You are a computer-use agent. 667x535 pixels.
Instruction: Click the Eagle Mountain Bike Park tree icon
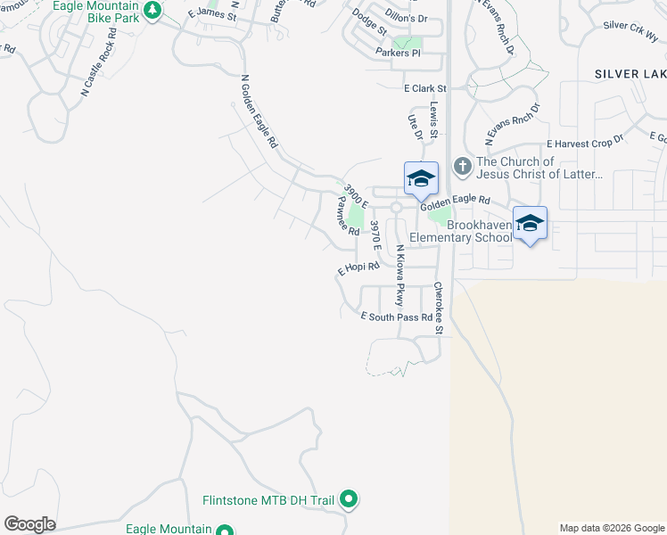point(152,10)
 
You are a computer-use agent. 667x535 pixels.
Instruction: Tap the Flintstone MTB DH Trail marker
point(350,500)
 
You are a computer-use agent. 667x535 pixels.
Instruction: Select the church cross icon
point(462,166)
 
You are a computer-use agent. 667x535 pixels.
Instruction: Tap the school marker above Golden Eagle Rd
point(421,178)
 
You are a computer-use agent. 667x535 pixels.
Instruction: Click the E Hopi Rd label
point(358,267)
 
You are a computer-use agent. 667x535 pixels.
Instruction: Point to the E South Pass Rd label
point(397,317)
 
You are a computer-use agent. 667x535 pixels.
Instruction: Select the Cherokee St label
point(439,309)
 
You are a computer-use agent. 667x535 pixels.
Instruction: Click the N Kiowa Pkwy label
point(400,276)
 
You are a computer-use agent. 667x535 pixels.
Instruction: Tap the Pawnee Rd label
point(347,218)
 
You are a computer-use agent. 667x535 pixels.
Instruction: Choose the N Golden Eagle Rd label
point(259,111)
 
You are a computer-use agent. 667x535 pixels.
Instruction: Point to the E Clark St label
point(424,88)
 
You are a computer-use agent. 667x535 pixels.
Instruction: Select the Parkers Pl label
point(398,53)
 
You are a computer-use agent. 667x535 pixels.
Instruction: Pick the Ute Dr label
point(414,128)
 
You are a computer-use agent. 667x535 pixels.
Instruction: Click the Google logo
point(29,524)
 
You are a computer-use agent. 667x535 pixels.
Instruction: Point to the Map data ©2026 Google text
point(611,528)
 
